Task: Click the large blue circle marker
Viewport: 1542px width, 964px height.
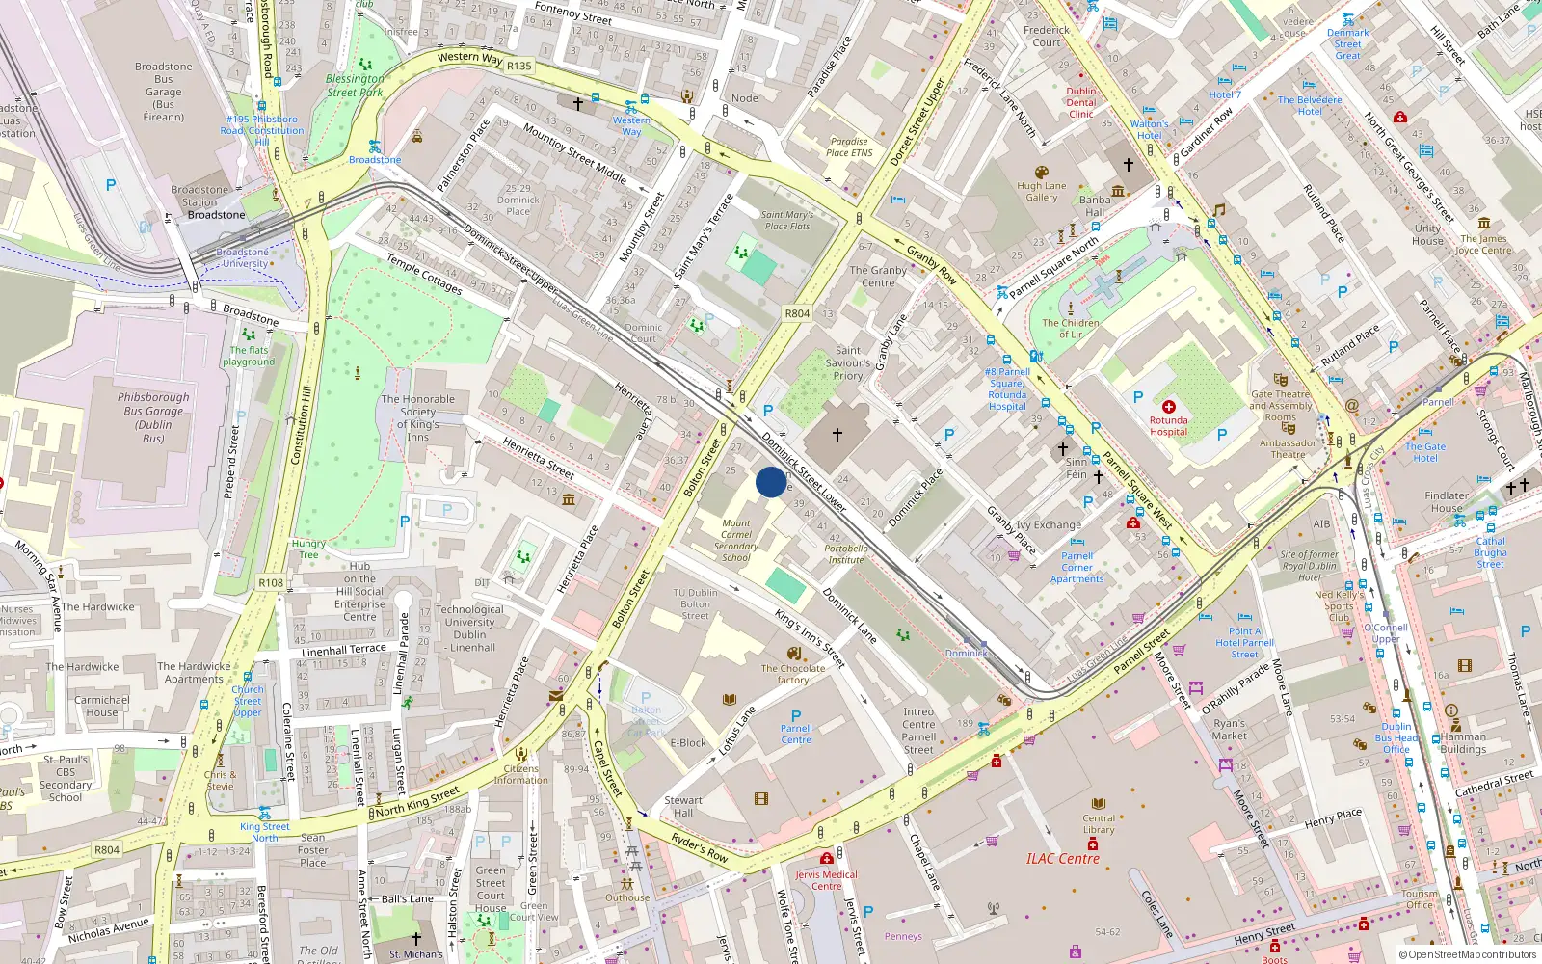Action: [771, 482]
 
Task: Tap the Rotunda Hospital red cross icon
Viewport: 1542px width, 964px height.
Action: [1168, 407]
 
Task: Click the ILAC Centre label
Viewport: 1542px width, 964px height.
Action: [1062, 858]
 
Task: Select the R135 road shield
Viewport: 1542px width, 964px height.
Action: [518, 66]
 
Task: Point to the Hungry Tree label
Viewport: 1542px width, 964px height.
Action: [308, 549]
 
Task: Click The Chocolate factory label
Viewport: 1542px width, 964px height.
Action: [792, 674]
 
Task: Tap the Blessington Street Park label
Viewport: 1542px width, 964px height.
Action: [355, 86]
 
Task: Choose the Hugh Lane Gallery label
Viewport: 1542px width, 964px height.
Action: [1041, 192]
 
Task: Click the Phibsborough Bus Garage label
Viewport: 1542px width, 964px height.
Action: [153, 417]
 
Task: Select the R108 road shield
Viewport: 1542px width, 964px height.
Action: [271, 583]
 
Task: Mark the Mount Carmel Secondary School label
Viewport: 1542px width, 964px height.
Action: [735, 540]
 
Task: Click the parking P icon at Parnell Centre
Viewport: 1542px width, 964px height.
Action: [796, 716]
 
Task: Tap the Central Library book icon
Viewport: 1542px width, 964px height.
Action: [1098, 803]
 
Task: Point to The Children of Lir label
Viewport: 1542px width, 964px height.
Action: [1070, 329]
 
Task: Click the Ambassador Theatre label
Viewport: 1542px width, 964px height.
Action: [1288, 448]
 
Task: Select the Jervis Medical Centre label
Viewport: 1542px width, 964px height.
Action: [826, 880]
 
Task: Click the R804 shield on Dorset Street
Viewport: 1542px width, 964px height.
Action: [797, 313]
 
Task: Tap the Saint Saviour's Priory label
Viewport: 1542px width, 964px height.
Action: [847, 363]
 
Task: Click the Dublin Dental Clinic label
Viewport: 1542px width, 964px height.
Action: [1080, 102]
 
